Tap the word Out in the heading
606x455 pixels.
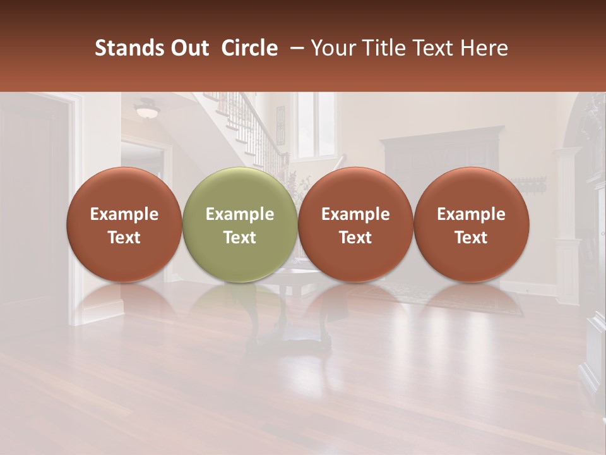187,48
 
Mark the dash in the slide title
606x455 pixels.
297,48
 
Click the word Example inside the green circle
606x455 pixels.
240,214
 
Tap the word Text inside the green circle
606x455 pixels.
240,238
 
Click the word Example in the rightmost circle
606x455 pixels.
471,214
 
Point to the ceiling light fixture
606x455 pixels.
148,110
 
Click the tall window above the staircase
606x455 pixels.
307,123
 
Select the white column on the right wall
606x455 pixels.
567,221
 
